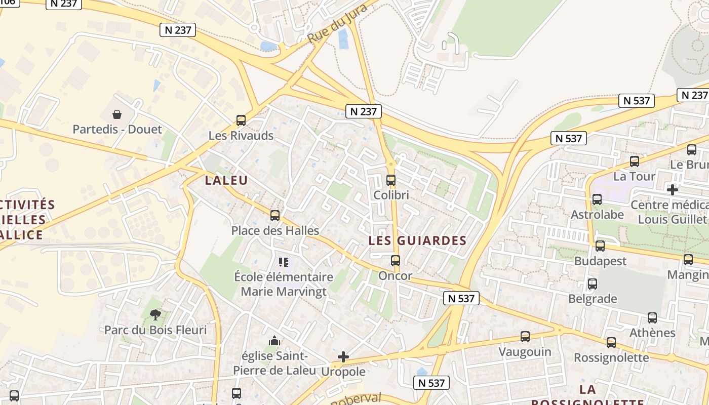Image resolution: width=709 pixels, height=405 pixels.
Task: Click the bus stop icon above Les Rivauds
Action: coord(241,120)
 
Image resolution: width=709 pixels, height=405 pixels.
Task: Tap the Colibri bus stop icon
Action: coord(391,180)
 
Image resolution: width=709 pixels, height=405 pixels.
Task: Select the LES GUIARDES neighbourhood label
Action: coord(417,240)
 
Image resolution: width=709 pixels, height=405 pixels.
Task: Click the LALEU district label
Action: coord(226,180)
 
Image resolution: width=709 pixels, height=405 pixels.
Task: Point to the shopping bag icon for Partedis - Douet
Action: coord(117,114)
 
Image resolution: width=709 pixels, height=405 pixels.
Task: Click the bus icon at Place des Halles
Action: coord(275,216)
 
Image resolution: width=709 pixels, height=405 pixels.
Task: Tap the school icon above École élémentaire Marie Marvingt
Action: coord(283,262)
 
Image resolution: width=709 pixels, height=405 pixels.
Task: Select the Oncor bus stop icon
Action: coord(396,261)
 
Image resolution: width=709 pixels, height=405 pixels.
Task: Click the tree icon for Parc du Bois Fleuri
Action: coord(155,315)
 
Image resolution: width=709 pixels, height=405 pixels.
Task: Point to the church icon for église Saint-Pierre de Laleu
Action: coord(274,341)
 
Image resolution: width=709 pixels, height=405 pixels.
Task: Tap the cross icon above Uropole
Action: coord(343,357)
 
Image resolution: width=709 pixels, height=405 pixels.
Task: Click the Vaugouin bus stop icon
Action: coord(525,337)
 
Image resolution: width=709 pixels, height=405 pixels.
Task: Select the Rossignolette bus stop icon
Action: coord(611,343)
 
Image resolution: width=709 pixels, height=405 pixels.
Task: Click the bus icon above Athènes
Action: coord(652,318)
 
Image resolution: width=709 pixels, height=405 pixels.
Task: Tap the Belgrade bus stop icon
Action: coord(593,284)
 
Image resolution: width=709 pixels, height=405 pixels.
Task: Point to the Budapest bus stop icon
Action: coord(600,246)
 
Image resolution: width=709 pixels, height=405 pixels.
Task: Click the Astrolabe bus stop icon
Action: coord(597,199)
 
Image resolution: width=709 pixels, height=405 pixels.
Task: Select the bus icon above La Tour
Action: coord(635,161)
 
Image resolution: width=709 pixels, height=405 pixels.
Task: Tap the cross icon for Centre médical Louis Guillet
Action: coord(673,190)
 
